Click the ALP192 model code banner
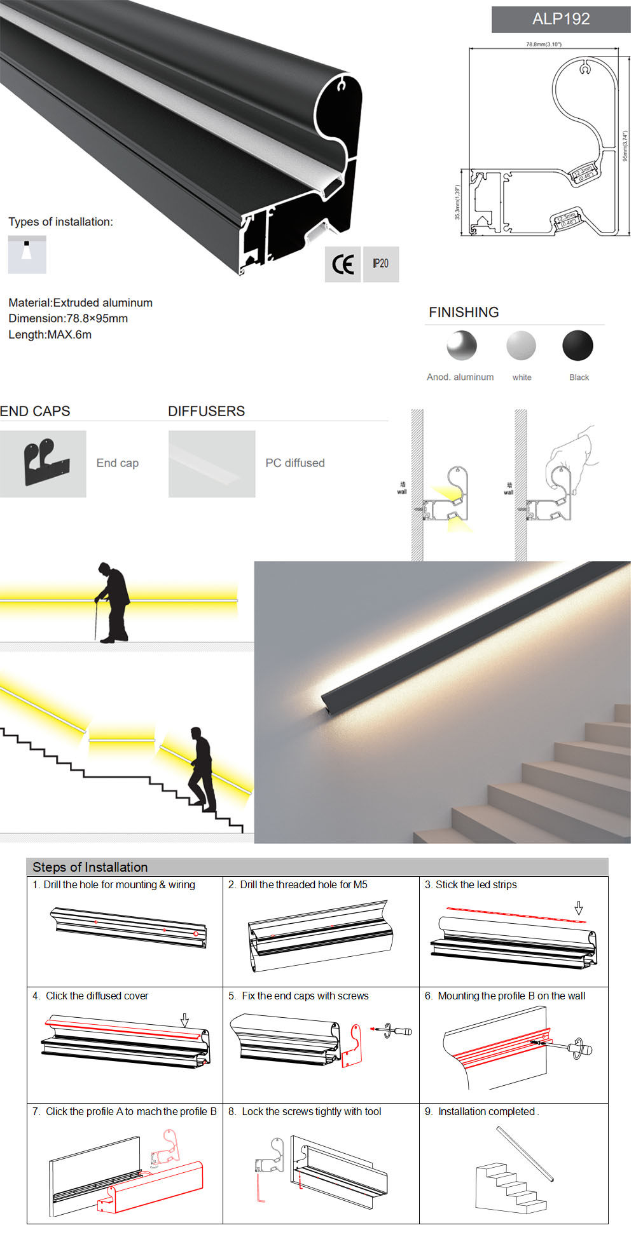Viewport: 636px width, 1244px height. [560, 19]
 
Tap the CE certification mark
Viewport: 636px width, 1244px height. [343, 264]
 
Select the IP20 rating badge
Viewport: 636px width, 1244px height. [380, 264]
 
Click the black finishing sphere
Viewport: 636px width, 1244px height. [577, 346]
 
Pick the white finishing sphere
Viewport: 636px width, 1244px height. [521, 346]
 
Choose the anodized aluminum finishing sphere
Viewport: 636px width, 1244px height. [461, 346]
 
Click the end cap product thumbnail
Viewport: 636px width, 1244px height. [43, 464]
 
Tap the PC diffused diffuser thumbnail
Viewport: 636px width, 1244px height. [211, 464]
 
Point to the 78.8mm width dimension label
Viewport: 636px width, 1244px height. [543, 44]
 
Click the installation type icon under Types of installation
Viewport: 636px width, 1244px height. [27, 254]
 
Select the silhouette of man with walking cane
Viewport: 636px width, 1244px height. [113, 602]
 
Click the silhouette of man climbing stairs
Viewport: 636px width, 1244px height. [202, 769]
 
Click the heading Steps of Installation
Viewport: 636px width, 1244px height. [90, 867]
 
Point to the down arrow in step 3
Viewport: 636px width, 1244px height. [578, 908]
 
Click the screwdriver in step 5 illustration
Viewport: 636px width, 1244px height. [398, 1031]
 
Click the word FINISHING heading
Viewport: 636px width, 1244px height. [463, 312]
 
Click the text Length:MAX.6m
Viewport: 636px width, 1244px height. [50, 335]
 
